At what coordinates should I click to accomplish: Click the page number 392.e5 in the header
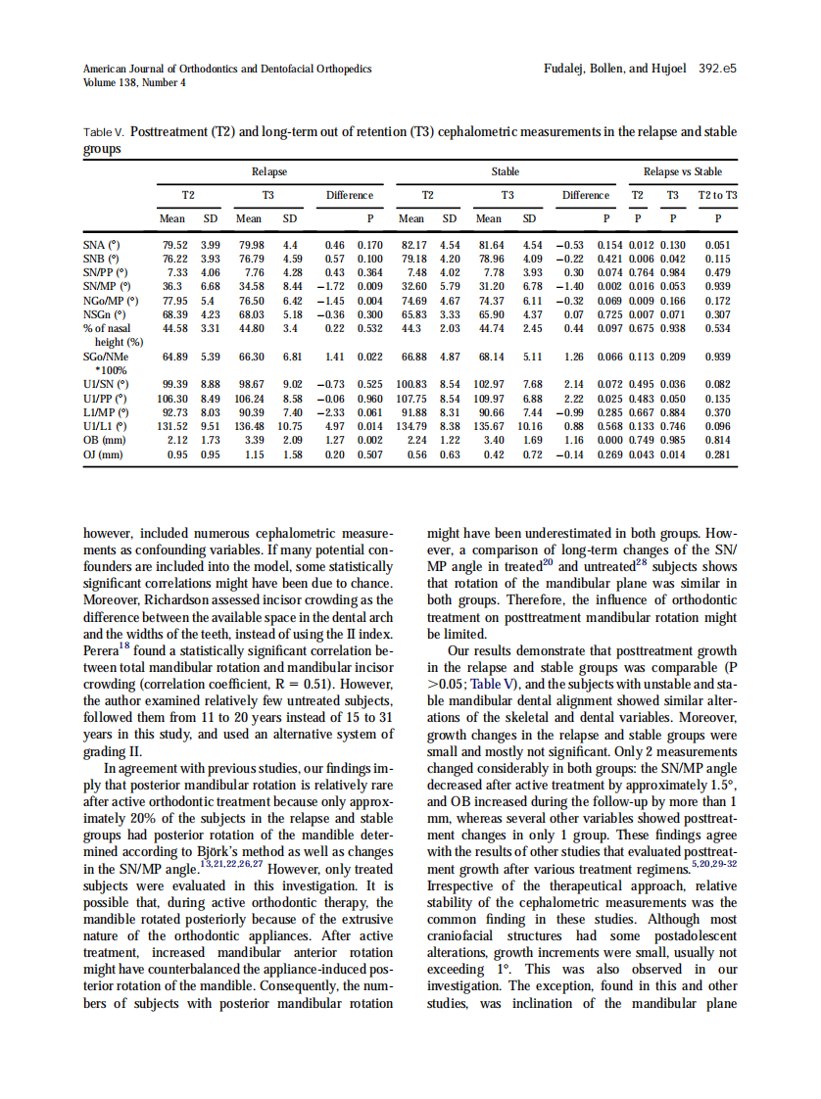(717, 70)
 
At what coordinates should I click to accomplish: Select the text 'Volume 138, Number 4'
(134, 82)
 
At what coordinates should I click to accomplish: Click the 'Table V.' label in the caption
(103, 131)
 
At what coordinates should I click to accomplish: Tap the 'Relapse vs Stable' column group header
(682, 171)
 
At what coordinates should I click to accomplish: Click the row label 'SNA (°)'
(101, 244)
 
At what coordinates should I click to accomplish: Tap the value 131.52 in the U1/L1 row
(174, 427)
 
